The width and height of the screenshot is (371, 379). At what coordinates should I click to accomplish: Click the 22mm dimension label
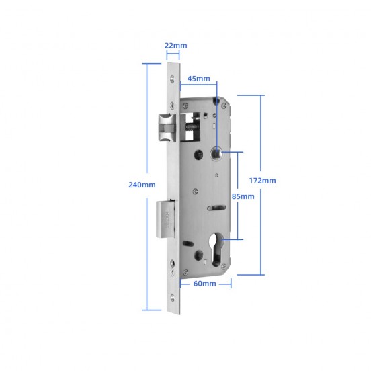[176, 46]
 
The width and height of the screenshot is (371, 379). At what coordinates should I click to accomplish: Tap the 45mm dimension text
[199, 79]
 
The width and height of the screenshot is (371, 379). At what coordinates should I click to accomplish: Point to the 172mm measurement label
[261, 180]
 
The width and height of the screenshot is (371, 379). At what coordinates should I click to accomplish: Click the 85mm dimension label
[243, 196]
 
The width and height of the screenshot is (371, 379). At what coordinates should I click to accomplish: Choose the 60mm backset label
[204, 284]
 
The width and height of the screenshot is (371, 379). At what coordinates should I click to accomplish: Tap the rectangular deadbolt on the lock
[166, 219]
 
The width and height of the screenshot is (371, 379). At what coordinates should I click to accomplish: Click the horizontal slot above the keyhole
[216, 207]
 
